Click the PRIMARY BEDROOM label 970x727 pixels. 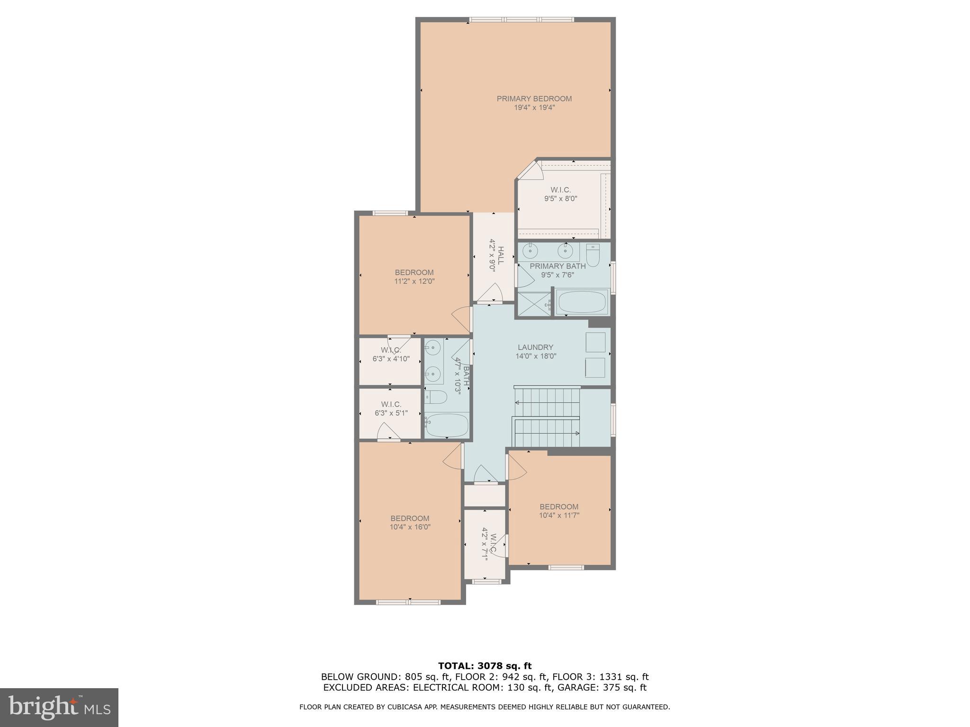[534, 98]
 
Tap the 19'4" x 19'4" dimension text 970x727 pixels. [534, 107]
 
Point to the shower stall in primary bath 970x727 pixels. [534, 304]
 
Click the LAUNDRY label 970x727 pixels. [535, 347]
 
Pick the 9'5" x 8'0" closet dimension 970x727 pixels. [560, 199]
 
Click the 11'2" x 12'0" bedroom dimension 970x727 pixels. [414, 281]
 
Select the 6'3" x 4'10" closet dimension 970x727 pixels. [391, 359]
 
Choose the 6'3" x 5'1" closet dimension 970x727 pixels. [391, 413]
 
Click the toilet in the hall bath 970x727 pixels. [435, 397]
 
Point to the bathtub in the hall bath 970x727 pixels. [446, 426]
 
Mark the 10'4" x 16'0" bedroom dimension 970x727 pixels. [410, 527]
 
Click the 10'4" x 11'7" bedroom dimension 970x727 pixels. [559, 515]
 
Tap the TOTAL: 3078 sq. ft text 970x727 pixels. [485, 666]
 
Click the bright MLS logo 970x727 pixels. [59, 707]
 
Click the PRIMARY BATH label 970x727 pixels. [557, 266]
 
